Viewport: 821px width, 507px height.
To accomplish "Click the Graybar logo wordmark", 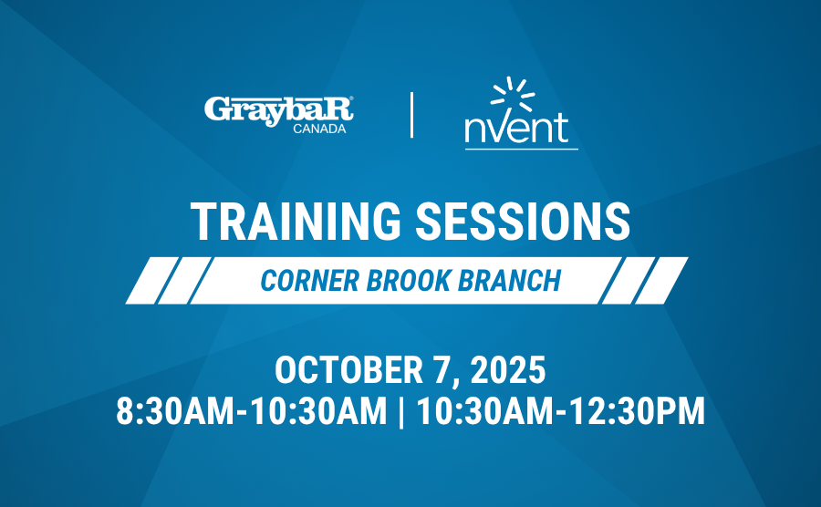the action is coord(278,110).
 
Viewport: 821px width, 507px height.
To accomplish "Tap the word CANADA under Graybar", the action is coord(319,129).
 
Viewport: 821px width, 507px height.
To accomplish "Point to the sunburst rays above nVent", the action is coord(513,93).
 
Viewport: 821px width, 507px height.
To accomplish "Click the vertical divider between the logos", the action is coord(412,115).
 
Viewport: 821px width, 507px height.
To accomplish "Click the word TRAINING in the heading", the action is coord(296,222).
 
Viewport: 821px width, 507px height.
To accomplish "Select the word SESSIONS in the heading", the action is coord(523,222).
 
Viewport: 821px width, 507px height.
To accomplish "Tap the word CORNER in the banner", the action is coord(310,281).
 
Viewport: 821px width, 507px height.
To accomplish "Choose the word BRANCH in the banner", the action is coord(509,281).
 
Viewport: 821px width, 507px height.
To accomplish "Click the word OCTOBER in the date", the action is coord(348,370).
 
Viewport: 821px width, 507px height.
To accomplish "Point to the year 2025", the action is coord(508,370).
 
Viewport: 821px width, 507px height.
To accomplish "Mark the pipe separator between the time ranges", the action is coord(401,412).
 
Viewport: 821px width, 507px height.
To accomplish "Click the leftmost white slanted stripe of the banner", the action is coord(152,281).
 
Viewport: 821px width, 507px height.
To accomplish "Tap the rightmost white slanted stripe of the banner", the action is coord(661,281).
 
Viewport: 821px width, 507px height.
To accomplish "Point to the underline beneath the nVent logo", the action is coord(522,150).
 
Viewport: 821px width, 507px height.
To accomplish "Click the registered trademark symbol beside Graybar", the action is coord(351,98).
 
